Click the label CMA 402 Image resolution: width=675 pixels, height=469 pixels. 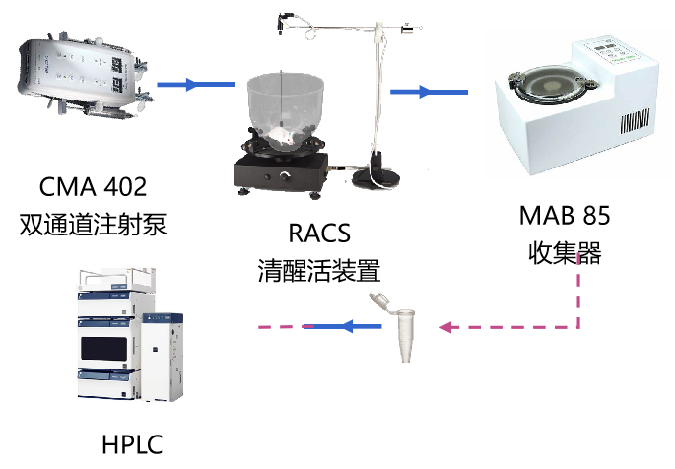93,187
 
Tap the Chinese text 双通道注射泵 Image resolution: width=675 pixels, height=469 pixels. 93,225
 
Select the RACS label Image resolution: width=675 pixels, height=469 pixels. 319,234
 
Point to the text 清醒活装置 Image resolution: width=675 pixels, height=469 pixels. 319,271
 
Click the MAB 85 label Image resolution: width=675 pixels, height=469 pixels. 565,215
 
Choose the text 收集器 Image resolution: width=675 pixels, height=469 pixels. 565,252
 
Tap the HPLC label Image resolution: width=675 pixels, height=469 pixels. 132,444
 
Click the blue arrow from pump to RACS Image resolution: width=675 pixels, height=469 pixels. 195,84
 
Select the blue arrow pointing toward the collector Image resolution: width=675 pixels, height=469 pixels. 429,92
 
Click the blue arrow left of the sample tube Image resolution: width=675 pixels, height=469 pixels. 342,326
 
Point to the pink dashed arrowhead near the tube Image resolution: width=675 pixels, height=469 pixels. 445,327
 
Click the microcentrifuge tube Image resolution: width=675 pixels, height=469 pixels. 398,327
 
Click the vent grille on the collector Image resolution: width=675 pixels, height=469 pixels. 635,120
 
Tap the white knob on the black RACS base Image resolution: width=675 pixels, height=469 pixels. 285,176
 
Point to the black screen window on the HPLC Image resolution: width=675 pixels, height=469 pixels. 104,349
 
